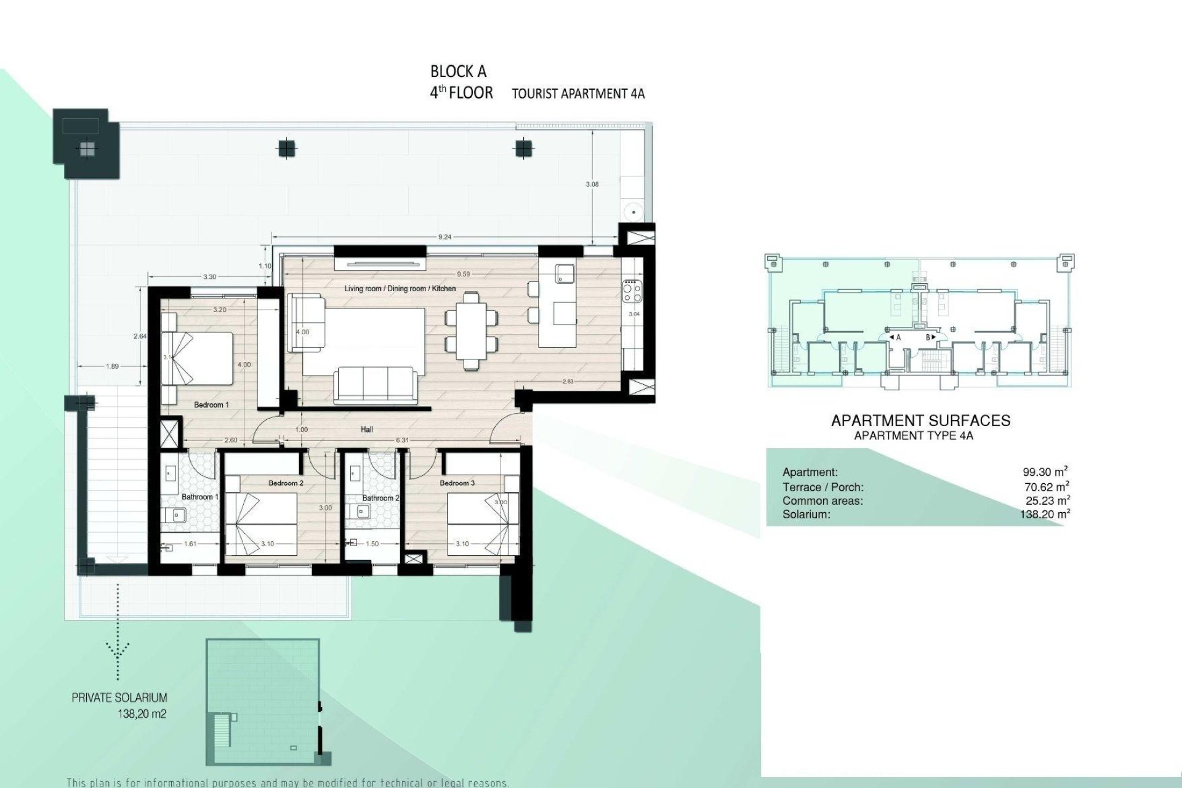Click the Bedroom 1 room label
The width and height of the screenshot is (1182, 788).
point(211,405)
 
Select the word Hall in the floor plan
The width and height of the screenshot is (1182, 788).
point(367,430)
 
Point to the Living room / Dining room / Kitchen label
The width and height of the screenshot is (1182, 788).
point(400,288)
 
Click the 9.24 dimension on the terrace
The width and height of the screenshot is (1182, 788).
point(444,236)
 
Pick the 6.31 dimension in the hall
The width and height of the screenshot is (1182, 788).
point(402,440)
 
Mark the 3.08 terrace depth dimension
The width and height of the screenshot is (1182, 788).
point(592,184)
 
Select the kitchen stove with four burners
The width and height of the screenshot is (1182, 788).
point(632,292)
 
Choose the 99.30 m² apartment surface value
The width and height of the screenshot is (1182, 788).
point(1045,472)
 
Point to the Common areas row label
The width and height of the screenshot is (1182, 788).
point(822,501)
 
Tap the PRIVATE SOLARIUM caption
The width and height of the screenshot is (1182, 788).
point(119,698)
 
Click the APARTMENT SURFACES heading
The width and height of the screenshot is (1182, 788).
point(920,421)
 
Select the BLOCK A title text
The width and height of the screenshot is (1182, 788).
point(458,72)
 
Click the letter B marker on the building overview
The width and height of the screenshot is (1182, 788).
point(929,337)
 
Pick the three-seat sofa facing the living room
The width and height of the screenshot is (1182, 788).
point(374,385)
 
